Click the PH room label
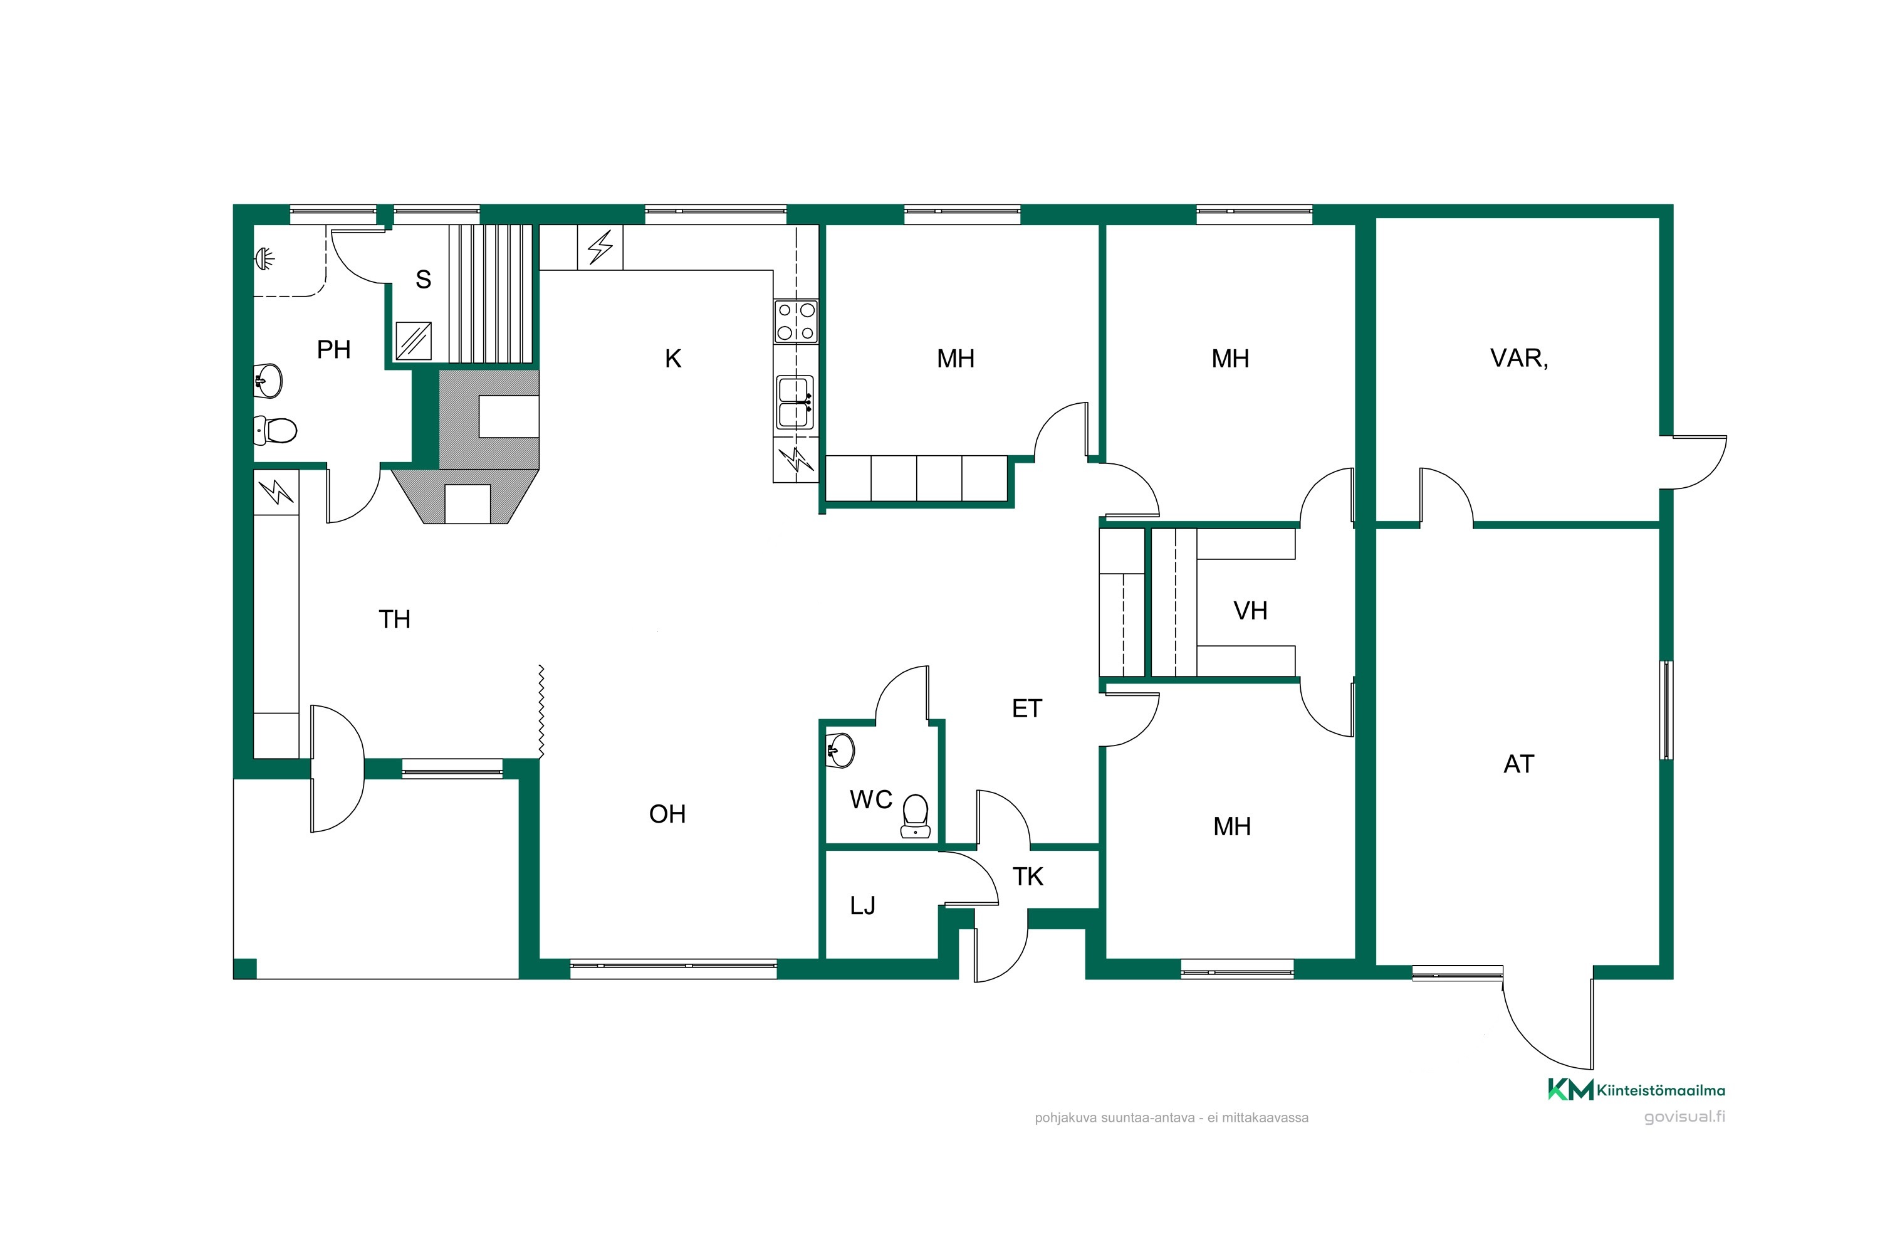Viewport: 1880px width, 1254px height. point(333,349)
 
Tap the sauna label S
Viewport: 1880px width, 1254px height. point(424,279)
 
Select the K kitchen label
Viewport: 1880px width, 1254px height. point(673,359)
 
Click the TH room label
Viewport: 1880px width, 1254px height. point(394,619)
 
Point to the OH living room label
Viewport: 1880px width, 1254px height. point(667,814)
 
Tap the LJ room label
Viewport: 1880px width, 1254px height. point(862,905)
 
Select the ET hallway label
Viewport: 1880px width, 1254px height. point(1027,709)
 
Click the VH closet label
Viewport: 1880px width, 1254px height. point(1250,611)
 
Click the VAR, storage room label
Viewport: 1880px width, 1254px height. point(1518,358)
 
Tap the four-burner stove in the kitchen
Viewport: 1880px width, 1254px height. point(796,322)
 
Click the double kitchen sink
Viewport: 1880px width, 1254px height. point(795,403)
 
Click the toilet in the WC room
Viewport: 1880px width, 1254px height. point(915,816)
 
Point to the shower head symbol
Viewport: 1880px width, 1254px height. point(264,258)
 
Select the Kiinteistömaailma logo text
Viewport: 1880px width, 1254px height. point(1660,1091)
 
